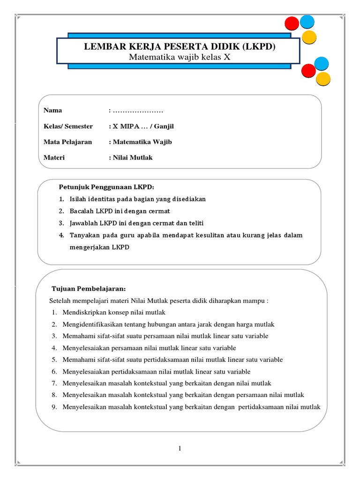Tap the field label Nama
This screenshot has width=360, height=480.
click(53, 111)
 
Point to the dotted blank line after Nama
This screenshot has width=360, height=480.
click(138, 111)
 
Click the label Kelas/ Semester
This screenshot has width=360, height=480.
click(68, 126)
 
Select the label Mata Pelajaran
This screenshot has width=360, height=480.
click(67, 142)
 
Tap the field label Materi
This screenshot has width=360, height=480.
click(54, 157)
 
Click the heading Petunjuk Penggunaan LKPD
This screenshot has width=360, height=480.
click(106, 187)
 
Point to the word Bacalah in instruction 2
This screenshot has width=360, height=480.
click(82, 211)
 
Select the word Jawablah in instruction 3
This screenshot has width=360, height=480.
click(83, 223)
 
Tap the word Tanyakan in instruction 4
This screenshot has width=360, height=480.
click(84, 235)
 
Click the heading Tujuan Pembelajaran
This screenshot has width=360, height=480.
click(89, 288)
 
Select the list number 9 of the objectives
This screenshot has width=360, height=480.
click(54, 407)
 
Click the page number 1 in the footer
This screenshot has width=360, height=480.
click(180, 449)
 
